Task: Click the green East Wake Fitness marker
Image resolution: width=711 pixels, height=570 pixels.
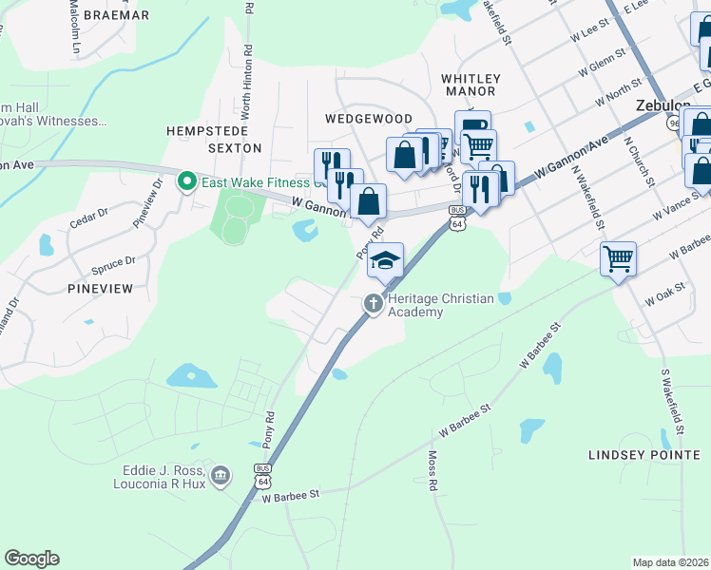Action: click(187, 180)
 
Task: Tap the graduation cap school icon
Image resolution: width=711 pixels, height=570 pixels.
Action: click(385, 260)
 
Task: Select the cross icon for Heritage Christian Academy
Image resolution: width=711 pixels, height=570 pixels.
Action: click(374, 304)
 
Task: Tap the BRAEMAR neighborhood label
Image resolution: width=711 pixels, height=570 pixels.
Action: click(116, 15)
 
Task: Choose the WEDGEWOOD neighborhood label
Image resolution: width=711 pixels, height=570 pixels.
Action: click(368, 119)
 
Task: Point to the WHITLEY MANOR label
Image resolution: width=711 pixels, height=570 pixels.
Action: click(469, 85)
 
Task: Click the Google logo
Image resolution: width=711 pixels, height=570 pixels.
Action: click(31, 559)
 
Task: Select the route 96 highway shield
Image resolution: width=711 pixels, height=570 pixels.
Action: click(674, 123)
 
